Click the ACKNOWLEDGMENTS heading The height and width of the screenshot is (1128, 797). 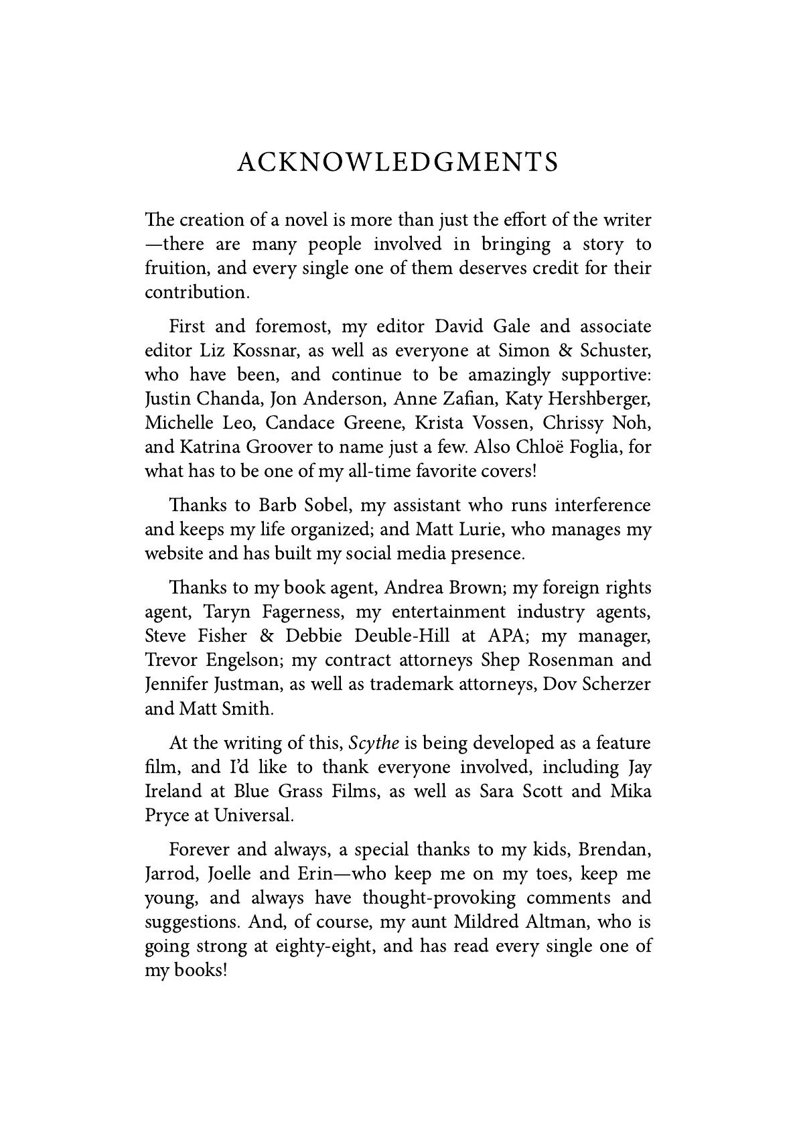(398, 163)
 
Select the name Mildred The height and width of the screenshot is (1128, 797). (486, 922)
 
